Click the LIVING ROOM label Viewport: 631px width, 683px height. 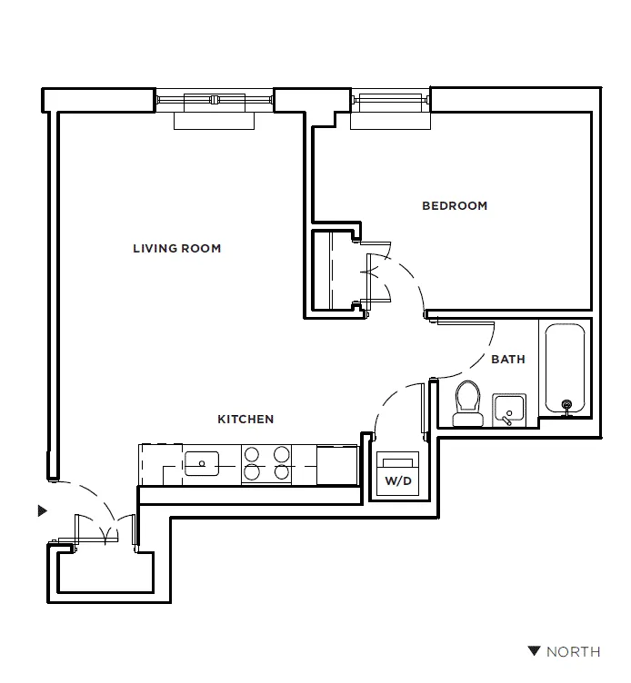coord(176,249)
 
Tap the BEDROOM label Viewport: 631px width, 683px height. coord(455,206)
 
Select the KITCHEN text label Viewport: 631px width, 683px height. coord(245,420)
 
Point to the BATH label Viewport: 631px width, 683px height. coord(508,360)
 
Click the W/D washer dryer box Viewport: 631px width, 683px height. coord(397,474)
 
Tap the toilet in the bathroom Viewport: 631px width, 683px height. coord(467,402)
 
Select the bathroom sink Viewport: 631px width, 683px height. coord(509,411)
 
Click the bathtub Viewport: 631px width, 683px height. coord(565,368)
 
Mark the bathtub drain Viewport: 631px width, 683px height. coord(567,405)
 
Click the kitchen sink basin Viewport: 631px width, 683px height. coord(201,464)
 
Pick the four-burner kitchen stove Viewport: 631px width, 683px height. coord(266,463)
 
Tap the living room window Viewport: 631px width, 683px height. coord(215,100)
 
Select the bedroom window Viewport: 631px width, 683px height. coord(388,100)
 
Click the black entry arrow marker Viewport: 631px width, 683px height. coord(41,511)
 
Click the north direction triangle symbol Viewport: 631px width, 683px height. coord(535,651)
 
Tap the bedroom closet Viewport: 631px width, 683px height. coord(333,270)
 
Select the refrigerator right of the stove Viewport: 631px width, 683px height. coord(338,463)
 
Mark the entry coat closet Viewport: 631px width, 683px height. coord(103,572)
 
